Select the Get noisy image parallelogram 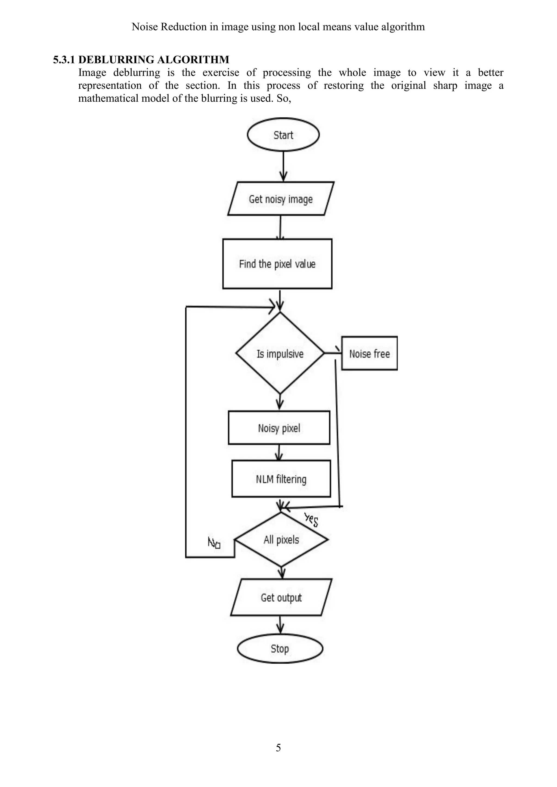pos(281,199)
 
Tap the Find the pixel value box pos(277,264)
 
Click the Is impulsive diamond pos(280,353)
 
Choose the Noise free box pos(369,353)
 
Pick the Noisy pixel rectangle pos(279,428)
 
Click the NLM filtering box pos(281,479)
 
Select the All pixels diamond pos(281,539)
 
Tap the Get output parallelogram pos(281,597)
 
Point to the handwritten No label pos(214,543)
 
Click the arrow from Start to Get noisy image pos(283,166)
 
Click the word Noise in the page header pos(145,27)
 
